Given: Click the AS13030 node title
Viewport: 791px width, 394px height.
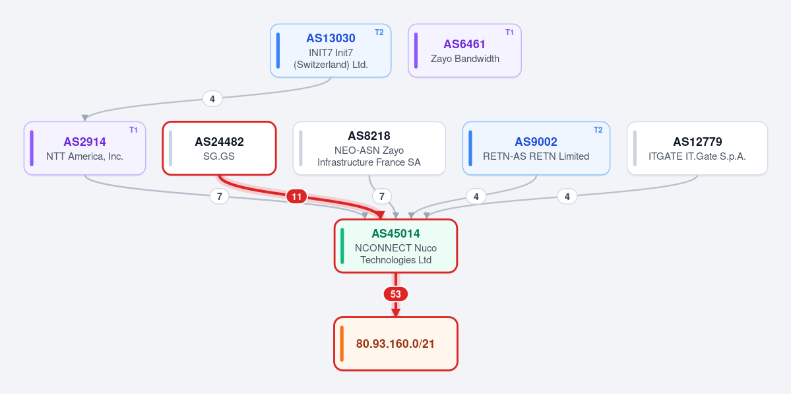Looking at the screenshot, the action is tap(331, 38).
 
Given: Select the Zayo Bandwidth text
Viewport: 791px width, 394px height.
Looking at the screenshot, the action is tap(464, 59).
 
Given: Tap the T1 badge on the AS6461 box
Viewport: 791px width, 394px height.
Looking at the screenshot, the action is tap(509, 32).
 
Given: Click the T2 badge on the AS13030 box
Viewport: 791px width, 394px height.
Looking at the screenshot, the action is tap(379, 32).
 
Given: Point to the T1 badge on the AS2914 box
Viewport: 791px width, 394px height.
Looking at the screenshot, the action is tap(133, 130).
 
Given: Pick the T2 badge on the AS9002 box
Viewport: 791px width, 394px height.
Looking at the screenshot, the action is tap(598, 130).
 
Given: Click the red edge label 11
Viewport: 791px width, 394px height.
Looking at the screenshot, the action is tap(297, 197).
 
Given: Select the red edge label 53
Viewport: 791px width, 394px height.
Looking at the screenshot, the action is tap(396, 294).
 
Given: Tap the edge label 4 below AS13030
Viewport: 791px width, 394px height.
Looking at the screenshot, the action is tap(212, 99).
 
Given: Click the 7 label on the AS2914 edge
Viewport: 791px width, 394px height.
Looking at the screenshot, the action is tap(220, 197).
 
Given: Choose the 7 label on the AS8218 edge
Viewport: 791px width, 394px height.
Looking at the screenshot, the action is tap(382, 197).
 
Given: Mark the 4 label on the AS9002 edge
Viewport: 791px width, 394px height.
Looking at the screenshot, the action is tap(476, 197).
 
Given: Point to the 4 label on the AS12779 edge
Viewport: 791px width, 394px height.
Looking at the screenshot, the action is tap(567, 197).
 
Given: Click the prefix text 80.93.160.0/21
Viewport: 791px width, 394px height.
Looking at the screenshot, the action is tap(396, 344).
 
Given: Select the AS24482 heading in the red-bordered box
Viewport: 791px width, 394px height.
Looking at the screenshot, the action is tap(219, 142).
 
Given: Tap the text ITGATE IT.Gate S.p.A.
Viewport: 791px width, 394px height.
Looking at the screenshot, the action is tap(697, 156).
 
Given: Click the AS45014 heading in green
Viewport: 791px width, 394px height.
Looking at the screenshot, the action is tap(396, 234).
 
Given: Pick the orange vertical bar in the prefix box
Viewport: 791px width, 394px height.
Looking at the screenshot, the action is tap(342, 344).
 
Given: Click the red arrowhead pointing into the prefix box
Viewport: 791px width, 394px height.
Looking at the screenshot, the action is tap(396, 313).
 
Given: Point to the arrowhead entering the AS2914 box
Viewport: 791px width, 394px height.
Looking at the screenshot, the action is tap(84, 118).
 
